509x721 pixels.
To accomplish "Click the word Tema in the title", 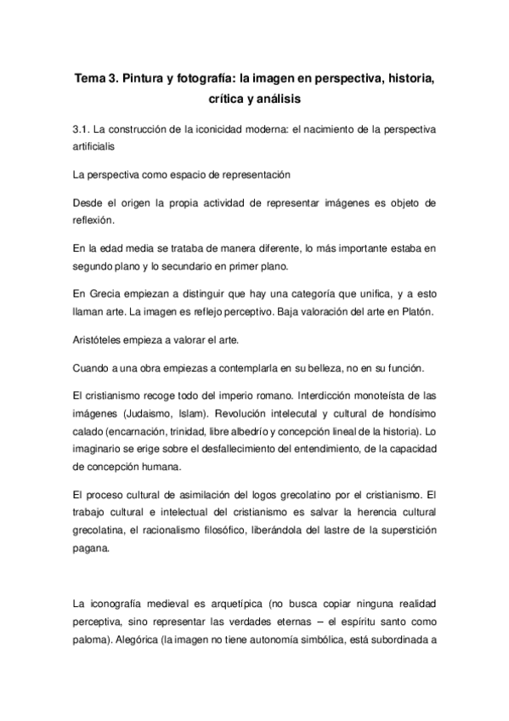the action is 91,79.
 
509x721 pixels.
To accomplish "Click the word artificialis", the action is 99,146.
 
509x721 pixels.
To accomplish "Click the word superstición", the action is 402,531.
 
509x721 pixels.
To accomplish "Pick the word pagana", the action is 92,548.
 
